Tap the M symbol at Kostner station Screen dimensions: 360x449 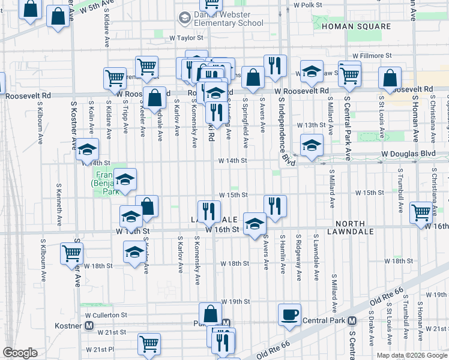(89, 325)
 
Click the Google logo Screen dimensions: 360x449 (20, 353)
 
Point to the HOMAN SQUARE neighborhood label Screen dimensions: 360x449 (356, 27)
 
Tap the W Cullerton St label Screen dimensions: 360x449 (106, 314)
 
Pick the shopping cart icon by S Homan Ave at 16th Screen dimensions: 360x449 (421, 212)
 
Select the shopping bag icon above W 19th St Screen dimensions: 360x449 (211, 313)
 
